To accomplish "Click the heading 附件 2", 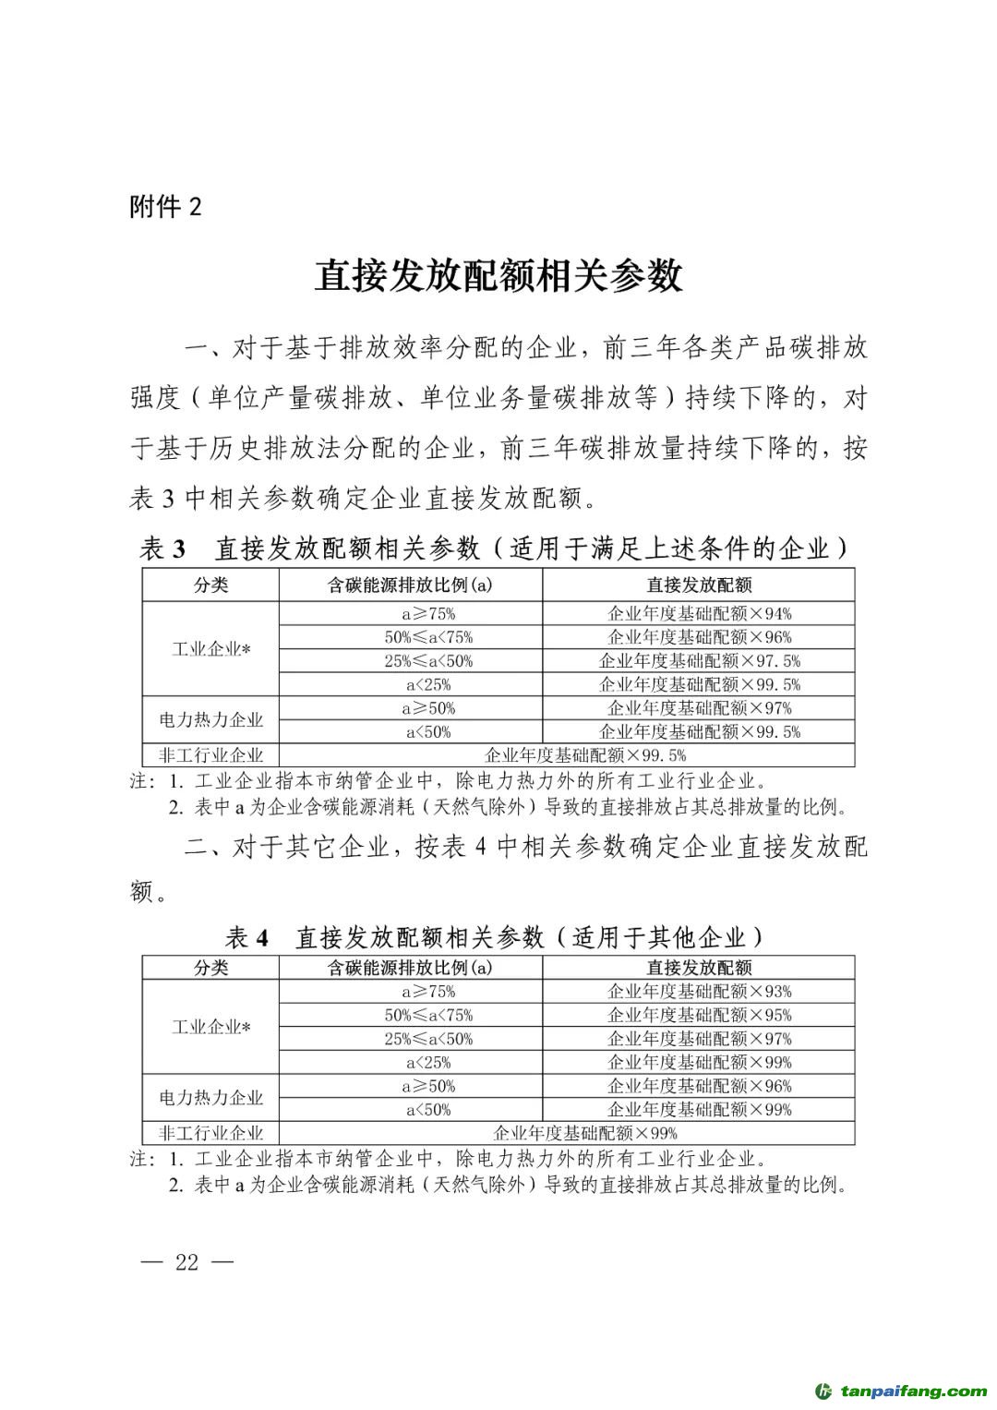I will [x=165, y=206].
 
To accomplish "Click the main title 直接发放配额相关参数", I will [x=498, y=275].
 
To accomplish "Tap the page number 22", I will [x=186, y=1262].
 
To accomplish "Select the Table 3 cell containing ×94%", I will [x=699, y=613].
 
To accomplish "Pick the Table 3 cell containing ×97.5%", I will [x=699, y=661].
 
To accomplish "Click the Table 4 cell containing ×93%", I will [x=699, y=992].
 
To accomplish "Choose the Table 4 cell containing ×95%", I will [x=699, y=1015].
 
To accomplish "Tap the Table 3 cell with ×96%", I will [x=699, y=637].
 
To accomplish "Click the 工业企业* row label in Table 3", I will [x=211, y=649].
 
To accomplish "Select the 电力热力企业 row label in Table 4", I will [x=211, y=1098].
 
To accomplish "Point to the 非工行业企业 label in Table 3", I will [x=211, y=755].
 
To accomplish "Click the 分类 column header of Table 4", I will [x=211, y=968].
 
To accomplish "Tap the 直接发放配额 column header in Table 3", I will [x=699, y=585].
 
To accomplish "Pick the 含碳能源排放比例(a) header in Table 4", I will [x=410, y=968].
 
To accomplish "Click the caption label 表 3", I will [x=163, y=549].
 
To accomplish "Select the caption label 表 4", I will [x=246, y=938].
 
